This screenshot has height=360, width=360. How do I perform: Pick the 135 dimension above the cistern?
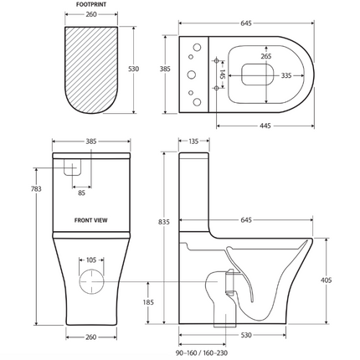194,142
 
